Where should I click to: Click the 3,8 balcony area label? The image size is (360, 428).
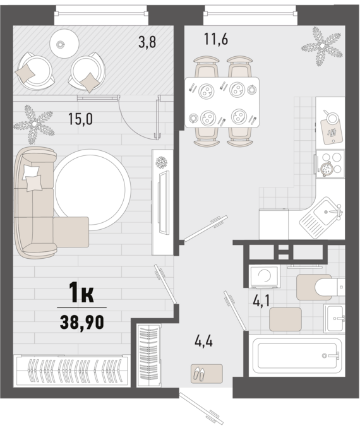pyautogui.click(x=147, y=42)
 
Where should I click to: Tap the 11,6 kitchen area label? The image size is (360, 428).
pyautogui.click(x=216, y=39)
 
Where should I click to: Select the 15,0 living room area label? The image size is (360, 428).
pyautogui.click(x=80, y=119)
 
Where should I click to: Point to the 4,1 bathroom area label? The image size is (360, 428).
pyautogui.click(x=261, y=301)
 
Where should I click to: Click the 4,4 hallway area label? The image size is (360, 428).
pyautogui.click(x=204, y=341)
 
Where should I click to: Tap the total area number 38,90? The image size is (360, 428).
pyautogui.click(x=82, y=322)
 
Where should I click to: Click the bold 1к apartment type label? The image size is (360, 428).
pyautogui.click(x=81, y=293)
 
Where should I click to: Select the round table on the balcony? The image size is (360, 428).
pyautogui.click(x=64, y=43)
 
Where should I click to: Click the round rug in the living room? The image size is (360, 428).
pyautogui.click(x=92, y=190)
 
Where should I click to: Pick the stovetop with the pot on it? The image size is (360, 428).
pyautogui.click(x=330, y=163)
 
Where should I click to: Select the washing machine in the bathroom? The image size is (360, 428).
pyautogui.click(x=265, y=276)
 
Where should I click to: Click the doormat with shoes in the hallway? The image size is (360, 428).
pyautogui.click(x=207, y=374)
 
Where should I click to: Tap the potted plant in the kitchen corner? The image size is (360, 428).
pyautogui.click(x=322, y=45)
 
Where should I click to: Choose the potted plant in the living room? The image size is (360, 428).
pyautogui.click(x=34, y=124)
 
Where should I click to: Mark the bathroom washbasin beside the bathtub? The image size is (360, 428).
pyautogui.click(x=334, y=319)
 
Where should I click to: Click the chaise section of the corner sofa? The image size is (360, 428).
pyautogui.click(x=71, y=232)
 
